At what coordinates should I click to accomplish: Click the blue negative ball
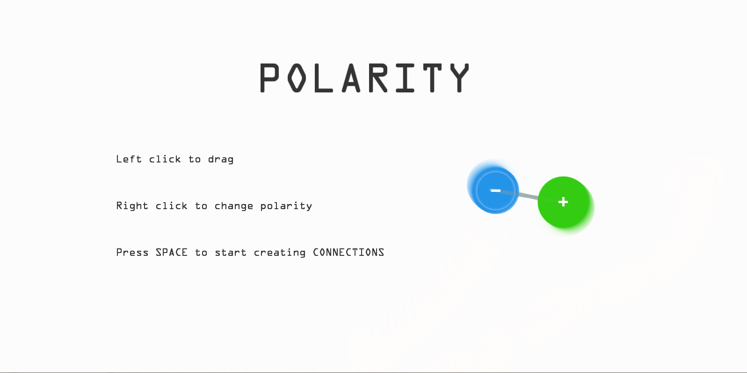tap(495, 190)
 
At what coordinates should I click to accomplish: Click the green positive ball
tap(563, 202)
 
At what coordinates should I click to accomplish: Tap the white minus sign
tap(495, 190)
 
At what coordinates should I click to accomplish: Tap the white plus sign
tap(563, 202)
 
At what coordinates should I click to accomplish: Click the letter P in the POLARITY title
tap(269, 77)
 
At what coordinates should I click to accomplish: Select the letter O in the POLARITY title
tap(297, 77)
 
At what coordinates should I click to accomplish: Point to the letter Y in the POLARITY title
tap(459, 77)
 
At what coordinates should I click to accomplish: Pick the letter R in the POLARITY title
tap(378, 77)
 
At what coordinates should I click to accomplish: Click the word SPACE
tap(172, 253)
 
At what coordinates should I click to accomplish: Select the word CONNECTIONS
tap(348, 253)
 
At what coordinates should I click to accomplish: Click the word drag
tap(221, 160)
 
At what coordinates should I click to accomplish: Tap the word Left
tap(129, 159)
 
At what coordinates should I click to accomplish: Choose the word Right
tap(132, 206)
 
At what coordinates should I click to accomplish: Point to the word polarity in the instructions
tap(286, 206)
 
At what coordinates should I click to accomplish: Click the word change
tap(234, 206)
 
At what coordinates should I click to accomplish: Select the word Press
tap(132, 253)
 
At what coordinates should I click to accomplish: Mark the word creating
tap(280, 253)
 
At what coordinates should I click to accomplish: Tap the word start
tap(231, 253)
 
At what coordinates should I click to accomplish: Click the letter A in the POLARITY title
tap(351, 77)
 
